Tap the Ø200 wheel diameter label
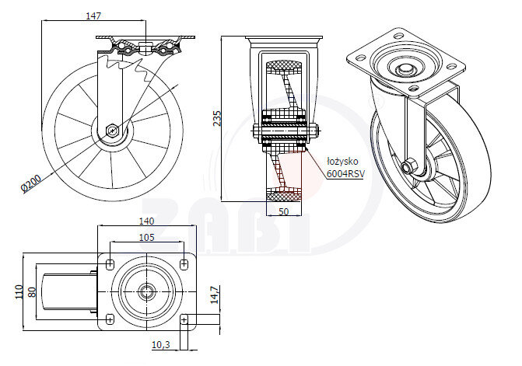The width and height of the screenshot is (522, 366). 32,183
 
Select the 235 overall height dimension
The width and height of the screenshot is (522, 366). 219,117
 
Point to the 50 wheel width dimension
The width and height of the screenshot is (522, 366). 283,211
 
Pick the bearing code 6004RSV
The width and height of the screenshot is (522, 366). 345,174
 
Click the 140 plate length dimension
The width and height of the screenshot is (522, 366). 146,221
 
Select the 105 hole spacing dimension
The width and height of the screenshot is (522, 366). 145,237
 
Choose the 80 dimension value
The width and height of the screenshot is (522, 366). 33,291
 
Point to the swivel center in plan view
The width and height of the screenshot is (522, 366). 145,291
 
